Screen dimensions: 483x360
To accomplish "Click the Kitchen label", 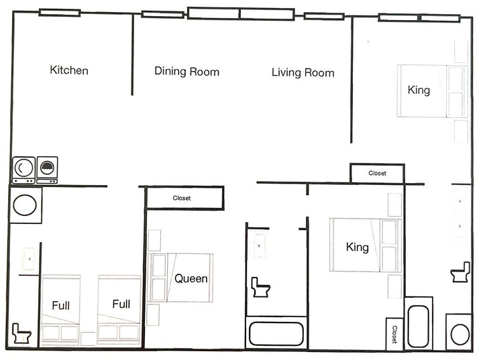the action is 69,70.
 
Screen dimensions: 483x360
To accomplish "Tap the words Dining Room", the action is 186,72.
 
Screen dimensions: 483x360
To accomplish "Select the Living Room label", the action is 303,72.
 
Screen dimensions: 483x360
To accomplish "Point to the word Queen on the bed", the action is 191,278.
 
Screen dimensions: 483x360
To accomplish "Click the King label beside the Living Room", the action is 419,91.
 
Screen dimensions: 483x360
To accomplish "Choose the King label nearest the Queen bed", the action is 358,247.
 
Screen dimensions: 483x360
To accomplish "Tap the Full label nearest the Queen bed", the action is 121,304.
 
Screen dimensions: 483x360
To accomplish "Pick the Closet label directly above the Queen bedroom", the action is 182,198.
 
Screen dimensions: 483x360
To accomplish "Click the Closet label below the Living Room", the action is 377,173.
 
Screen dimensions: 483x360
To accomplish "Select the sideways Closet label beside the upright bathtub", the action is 394,335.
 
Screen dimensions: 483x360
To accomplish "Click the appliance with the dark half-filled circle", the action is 47,170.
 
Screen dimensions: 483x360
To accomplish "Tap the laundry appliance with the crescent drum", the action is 23,170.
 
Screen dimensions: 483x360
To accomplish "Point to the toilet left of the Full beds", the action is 21,333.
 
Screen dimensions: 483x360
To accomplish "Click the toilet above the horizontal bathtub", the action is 260,287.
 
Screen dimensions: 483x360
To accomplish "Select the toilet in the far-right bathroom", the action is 460,272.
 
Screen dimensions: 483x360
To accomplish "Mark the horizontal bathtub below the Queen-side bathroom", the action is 276,333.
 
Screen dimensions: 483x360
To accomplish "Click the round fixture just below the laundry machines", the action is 25,204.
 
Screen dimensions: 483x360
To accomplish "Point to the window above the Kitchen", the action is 60,13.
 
